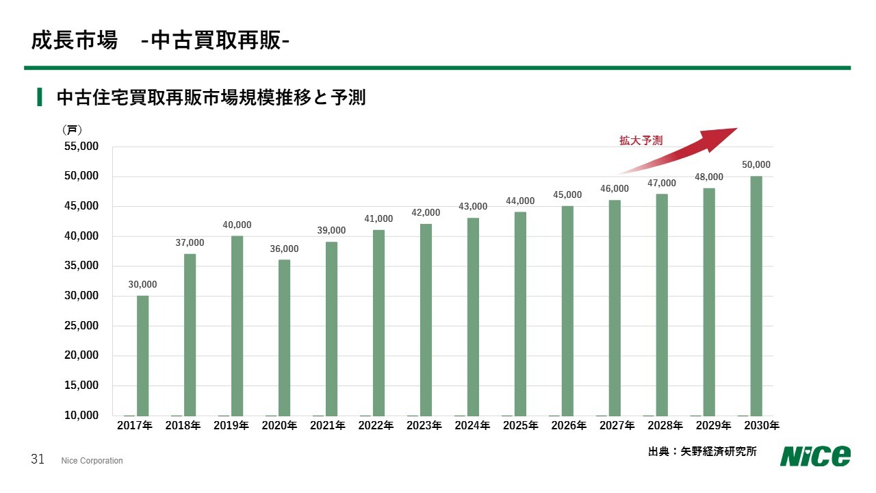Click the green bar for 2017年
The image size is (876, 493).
click(142, 355)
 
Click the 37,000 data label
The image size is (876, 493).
click(190, 242)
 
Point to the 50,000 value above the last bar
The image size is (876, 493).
click(756, 165)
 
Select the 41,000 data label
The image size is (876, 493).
click(378, 219)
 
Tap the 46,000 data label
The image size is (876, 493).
click(615, 189)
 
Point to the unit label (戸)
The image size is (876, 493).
click(72, 129)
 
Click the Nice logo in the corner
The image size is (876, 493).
click(815, 455)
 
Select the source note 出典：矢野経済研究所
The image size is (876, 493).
click(702, 452)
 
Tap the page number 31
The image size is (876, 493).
click(38, 459)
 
